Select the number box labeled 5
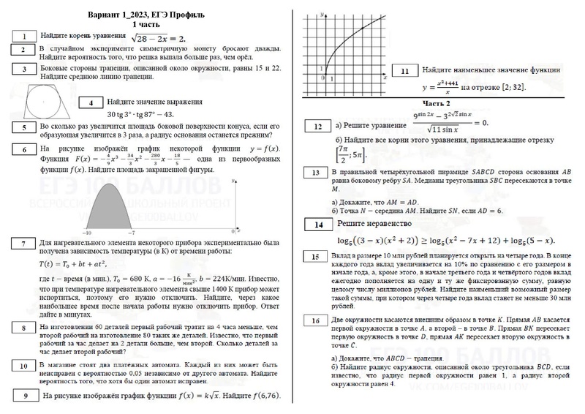25,127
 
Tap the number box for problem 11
405,71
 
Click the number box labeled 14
318,225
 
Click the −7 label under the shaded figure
132,232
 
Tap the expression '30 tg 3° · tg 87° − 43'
140,115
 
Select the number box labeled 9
26,396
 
